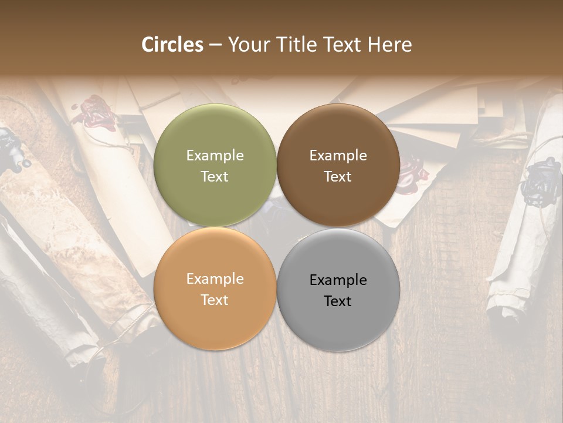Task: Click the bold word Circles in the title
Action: click(172, 45)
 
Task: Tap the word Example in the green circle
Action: click(215, 155)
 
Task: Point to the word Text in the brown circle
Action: click(338, 176)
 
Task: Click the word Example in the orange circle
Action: click(215, 279)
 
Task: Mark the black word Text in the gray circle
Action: click(338, 301)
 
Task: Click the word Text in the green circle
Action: click(215, 176)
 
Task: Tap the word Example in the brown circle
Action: click(338, 155)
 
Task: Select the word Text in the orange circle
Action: click(215, 300)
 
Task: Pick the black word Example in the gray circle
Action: click(338, 280)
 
